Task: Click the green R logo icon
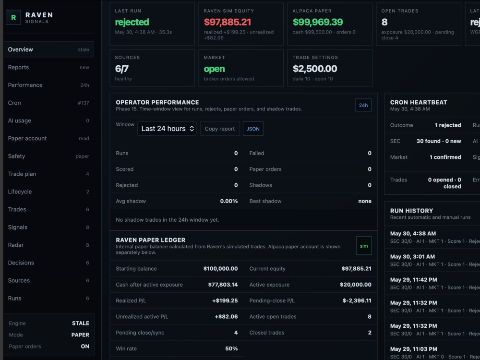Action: tap(13, 17)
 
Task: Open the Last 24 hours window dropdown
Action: tap(167, 129)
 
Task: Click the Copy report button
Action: tap(220, 129)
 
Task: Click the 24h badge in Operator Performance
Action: tap(363, 105)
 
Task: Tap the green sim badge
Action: tap(364, 246)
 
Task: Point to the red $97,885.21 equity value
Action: tap(228, 22)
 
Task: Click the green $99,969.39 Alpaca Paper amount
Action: tap(318, 22)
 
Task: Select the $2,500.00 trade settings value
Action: tap(315, 69)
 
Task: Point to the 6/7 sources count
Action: tap(121, 69)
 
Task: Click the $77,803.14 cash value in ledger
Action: tap(223, 285)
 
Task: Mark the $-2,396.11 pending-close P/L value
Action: tap(357, 300)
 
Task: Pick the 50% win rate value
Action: tap(231, 348)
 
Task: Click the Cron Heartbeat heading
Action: tap(419, 102)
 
